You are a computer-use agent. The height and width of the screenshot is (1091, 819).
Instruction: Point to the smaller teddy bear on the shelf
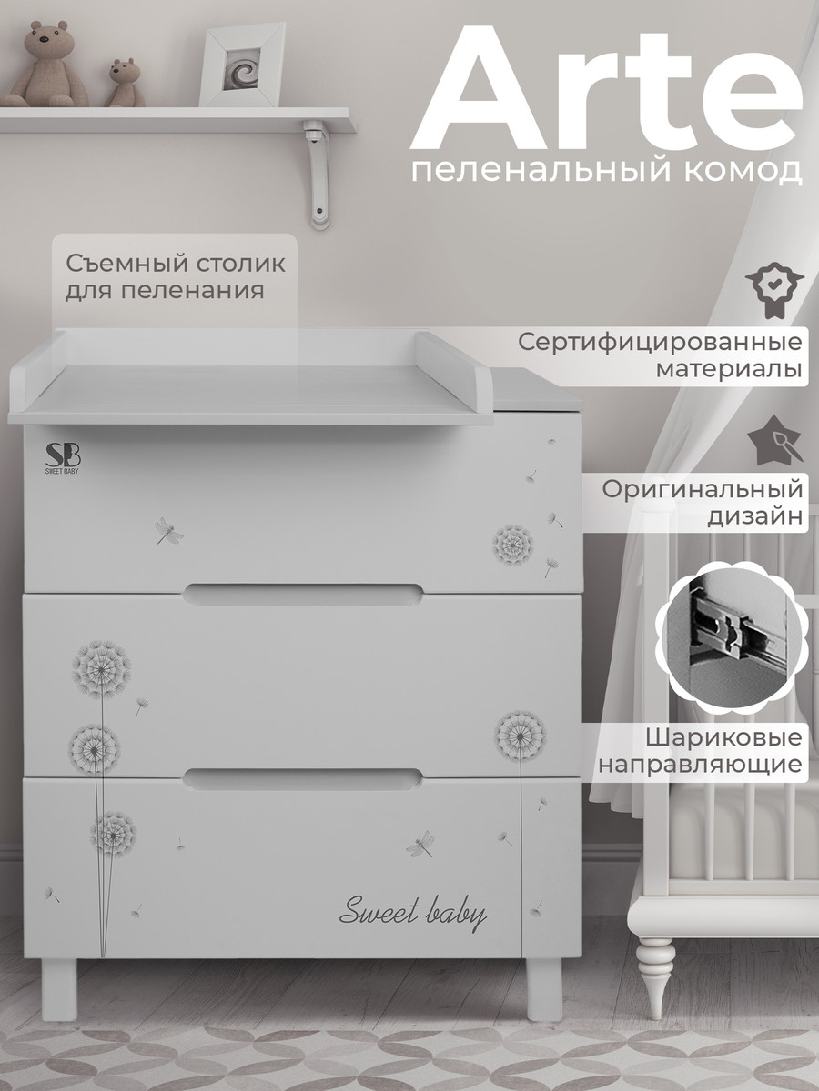pos(125,83)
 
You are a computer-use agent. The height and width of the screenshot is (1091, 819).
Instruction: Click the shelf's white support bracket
pos(317,173)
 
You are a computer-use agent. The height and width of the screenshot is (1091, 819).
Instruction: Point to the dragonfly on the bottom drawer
pos(420,844)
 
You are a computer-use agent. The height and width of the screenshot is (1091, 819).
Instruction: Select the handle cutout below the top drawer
pos(303,595)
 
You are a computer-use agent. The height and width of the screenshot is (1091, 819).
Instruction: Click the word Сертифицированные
pos(660,343)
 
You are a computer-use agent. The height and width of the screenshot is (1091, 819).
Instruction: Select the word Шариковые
pos(724,738)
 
